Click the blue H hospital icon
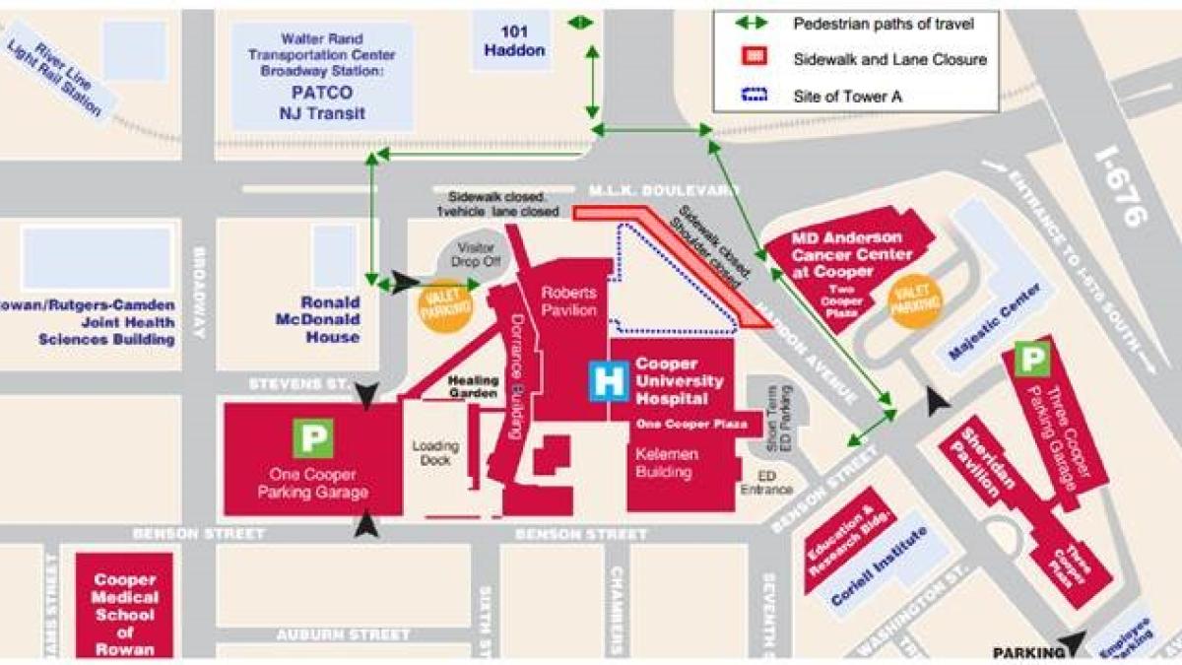609,381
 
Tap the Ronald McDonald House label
331,319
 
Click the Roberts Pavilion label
568,301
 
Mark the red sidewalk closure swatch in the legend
755,58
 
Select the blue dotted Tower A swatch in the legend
755,96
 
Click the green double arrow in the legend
755,23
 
